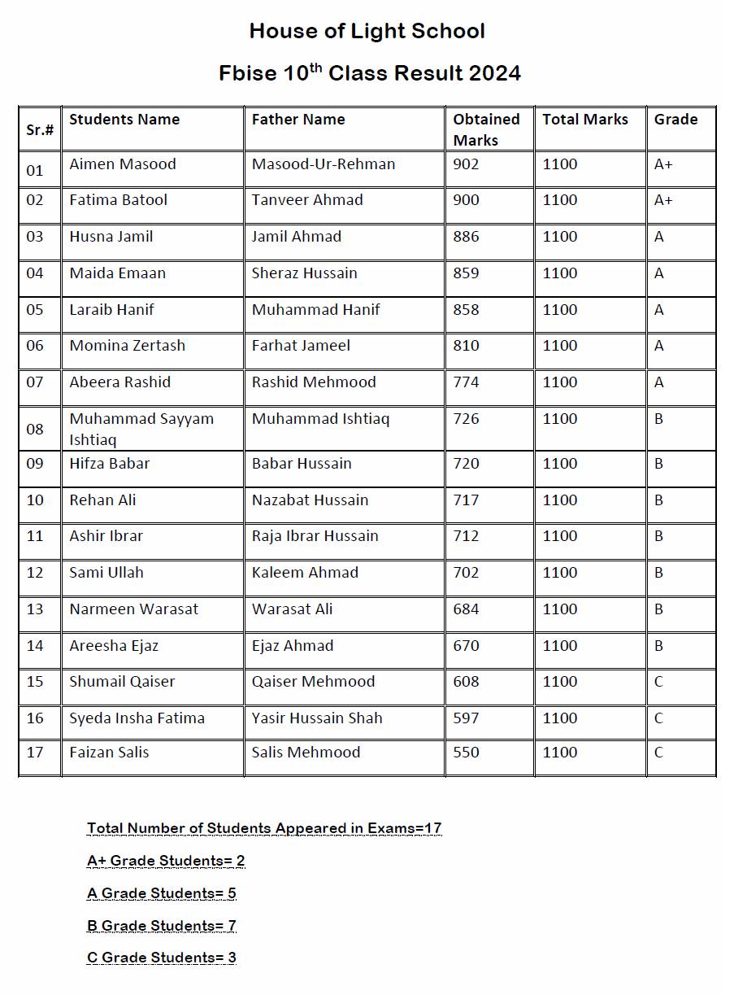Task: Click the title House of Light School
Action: point(367,32)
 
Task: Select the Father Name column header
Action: point(298,120)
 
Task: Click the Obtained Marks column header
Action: point(486,129)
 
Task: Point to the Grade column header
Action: point(675,120)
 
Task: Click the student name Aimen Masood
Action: point(123,164)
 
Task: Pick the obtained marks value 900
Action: point(467,200)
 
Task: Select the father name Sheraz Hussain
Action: point(304,273)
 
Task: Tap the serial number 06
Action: point(35,346)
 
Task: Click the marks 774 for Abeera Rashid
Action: point(467,382)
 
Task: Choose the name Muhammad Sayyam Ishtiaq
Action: point(141,429)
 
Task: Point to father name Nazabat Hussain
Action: point(310,500)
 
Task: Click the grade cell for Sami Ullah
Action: point(658,573)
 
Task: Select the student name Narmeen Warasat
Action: point(134,609)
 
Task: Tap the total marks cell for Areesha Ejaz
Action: point(560,646)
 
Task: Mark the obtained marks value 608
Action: point(467,682)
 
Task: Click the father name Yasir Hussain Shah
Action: point(317,718)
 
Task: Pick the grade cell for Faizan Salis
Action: point(658,753)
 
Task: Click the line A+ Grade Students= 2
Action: point(166,861)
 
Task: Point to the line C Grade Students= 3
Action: point(162,958)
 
